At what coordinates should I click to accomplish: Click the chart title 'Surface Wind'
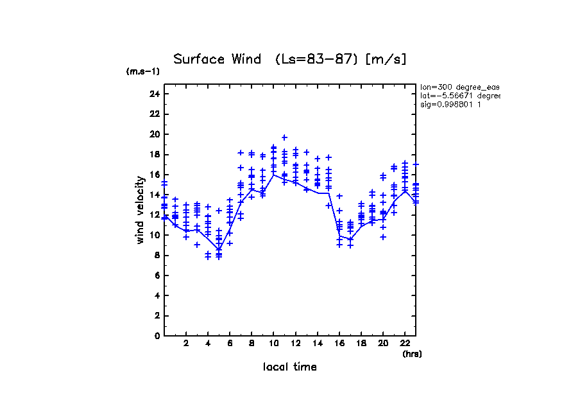[x=217, y=60]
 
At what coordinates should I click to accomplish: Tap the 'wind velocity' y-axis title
[x=140, y=210]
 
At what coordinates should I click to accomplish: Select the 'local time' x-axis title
[x=289, y=367]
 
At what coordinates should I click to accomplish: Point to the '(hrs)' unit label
[x=412, y=354]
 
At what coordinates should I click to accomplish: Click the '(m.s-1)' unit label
[x=142, y=71]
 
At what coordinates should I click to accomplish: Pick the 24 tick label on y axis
[x=153, y=94]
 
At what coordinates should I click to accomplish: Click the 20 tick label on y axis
[x=153, y=134]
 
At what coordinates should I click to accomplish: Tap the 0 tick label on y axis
[x=156, y=335]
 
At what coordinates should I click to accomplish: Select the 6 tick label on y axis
[x=156, y=275]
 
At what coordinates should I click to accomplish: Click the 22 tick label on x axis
[x=405, y=344]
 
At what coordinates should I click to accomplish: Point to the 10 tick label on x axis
[x=273, y=344]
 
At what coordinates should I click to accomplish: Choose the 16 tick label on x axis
[x=339, y=344]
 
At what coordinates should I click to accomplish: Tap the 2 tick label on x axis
[x=186, y=344]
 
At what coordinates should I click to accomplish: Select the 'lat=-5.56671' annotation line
[x=459, y=96]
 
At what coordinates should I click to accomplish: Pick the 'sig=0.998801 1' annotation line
[x=451, y=104]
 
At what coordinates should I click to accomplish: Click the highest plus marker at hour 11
[x=284, y=137]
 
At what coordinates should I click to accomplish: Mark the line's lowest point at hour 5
[x=219, y=250]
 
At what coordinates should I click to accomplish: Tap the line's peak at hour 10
[x=273, y=175]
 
